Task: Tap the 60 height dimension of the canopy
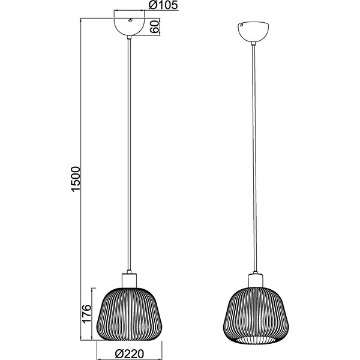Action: [155, 26]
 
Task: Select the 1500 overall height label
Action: [75, 178]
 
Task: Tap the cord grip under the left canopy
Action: [129, 40]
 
